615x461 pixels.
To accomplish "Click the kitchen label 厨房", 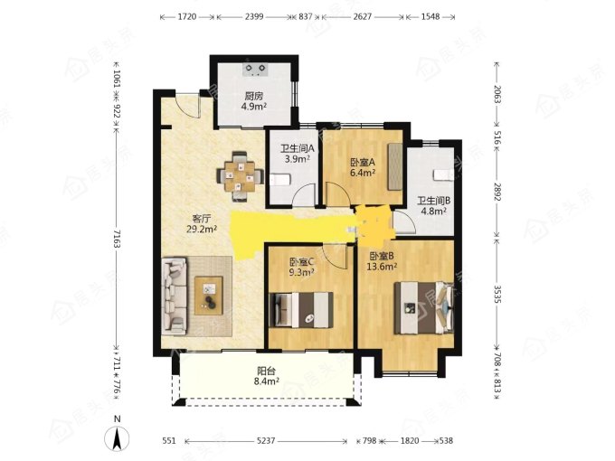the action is coord(254,96).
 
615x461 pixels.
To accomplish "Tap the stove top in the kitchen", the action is coord(254,70).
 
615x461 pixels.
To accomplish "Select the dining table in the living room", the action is coord(240,176).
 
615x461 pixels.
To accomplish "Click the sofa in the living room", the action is coord(174,296).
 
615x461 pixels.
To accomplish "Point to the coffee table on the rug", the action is coord(209,296).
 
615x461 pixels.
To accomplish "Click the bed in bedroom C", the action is coord(302,309).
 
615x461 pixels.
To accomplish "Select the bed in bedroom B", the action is coord(423,308).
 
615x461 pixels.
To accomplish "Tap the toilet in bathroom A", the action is coord(280,180).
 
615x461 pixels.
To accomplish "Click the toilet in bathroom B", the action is coord(443,174).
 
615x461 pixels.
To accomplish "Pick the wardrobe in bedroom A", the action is coord(395,167).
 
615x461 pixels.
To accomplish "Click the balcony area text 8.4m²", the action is coord(266,381).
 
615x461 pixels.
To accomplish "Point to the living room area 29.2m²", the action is coord(201,230).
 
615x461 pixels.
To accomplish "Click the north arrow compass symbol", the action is coord(117,437).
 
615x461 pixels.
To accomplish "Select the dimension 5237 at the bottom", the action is coord(266,441).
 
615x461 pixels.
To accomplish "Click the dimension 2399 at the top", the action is coord(254,17).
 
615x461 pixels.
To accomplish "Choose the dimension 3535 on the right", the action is coord(497,294).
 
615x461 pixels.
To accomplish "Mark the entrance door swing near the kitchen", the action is coord(188,105).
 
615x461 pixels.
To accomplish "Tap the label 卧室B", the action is coord(382,257).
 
